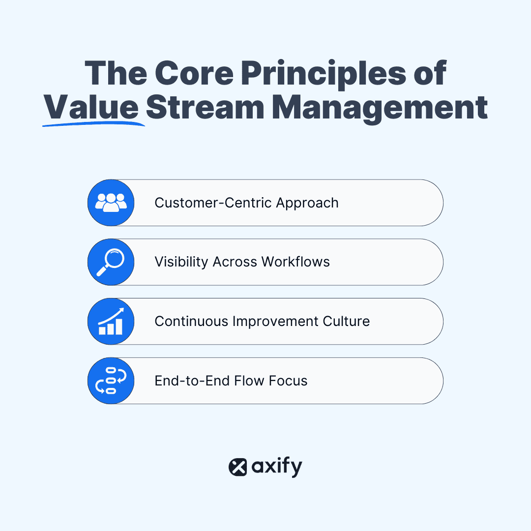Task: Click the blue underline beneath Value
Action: click(x=93, y=124)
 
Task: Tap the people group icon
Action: click(x=111, y=203)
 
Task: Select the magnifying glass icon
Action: click(x=111, y=262)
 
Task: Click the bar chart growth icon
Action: click(x=111, y=322)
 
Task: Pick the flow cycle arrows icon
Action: click(x=111, y=381)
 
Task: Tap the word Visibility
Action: click(x=181, y=262)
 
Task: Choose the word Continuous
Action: click(x=192, y=322)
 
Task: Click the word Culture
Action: click(x=346, y=322)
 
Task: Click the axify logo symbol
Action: click(x=238, y=467)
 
